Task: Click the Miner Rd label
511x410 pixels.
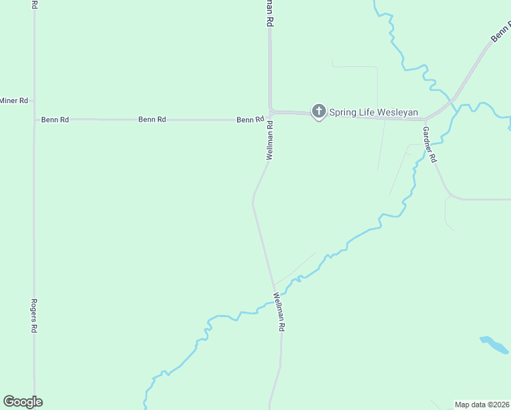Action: click(14, 100)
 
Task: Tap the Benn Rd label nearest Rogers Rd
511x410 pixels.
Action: click(55, 120)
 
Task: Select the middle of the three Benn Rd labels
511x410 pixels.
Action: click(152, 119)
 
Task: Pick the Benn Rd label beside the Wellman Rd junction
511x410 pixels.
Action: click(250, 120)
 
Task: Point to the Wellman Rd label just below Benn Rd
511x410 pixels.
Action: click(270, 141)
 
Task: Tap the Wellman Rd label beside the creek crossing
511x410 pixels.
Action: click(278, 312)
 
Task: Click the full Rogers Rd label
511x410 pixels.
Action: click(33, 315)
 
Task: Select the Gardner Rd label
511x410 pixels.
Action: click(429, 143)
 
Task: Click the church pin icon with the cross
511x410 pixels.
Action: click(318, 111)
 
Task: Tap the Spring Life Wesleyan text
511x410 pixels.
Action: click(374, 112)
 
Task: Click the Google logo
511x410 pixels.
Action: click(23, 402)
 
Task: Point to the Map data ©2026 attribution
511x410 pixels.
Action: click(482, 405)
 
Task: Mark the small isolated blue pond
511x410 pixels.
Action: click(494, 344)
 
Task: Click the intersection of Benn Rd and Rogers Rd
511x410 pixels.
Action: click(33, 120)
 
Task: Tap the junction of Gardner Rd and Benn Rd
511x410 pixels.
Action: click(426, 120)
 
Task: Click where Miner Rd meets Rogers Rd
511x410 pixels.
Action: click(33, 100)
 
